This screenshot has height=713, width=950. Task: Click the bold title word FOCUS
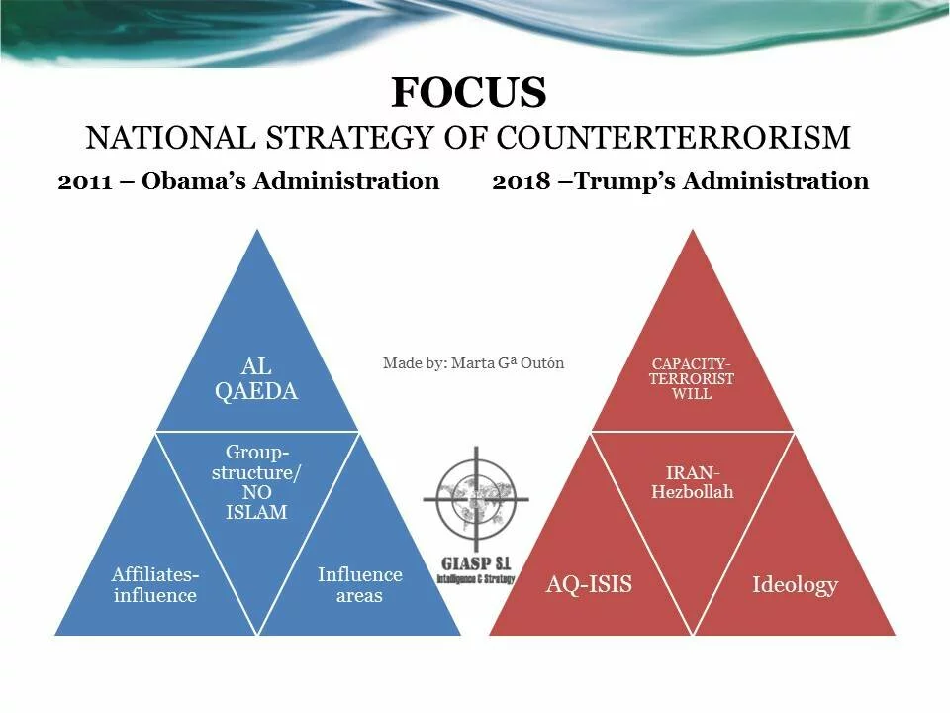click(469, 92)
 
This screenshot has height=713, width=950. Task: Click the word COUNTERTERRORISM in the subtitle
click(674, 137)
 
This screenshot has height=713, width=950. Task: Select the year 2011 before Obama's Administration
click(85, 181)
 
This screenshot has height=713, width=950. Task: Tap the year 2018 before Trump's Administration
click(522, 181)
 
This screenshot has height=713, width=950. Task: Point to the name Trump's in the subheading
click(624, 180)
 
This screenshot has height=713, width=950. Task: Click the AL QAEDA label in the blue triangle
click(256, 379)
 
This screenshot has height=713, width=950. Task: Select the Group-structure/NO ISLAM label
click(256, 482)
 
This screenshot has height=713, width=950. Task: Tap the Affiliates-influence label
click(155, 585)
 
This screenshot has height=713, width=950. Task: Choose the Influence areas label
click(360, 585)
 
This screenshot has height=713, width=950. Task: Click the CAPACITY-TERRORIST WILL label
click(692, 379)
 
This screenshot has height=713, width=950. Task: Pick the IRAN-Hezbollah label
click(693, 482)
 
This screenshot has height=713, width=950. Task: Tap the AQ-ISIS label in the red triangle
click(589, 584)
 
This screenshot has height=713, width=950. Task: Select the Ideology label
click(795, 585)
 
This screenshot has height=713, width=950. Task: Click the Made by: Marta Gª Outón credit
click(473, 363)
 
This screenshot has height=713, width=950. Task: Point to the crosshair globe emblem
click(476, 499)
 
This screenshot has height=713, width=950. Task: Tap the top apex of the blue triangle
click(257, 229)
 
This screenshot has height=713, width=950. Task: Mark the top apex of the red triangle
click(693, 229)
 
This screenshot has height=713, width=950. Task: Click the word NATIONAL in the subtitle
click(170, 137)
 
